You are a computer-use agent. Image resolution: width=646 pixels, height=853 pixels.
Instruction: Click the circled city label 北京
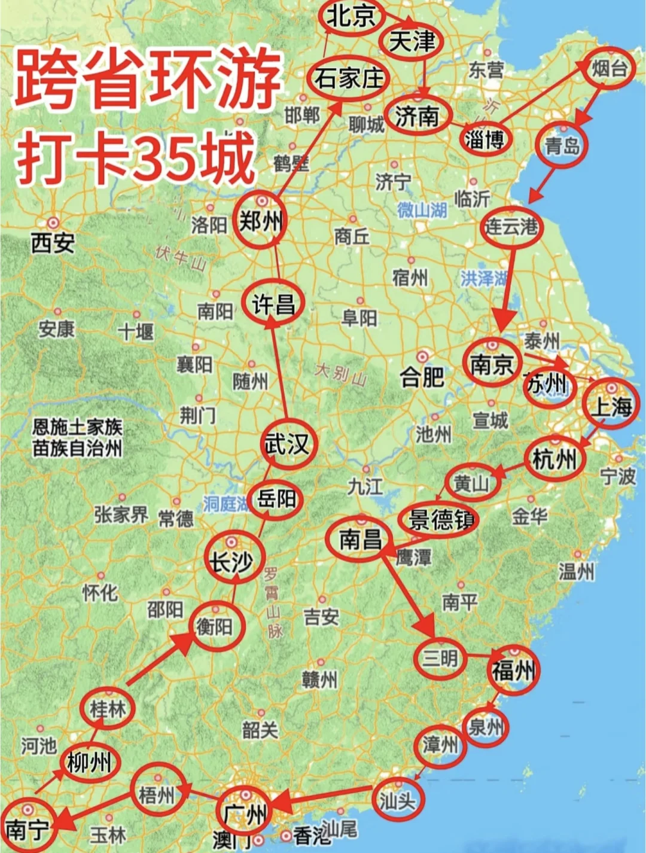tap(351, 16)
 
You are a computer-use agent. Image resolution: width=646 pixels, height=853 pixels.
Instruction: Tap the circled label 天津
tap(412, 42)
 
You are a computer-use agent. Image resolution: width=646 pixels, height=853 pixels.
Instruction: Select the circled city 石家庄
tap(349, 78)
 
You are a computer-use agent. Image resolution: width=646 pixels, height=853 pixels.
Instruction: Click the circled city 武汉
tap(287, 444)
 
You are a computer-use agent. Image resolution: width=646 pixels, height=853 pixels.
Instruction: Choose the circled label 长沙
tap(230, 561)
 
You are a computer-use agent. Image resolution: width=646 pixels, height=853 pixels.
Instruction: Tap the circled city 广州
tap(245, 814)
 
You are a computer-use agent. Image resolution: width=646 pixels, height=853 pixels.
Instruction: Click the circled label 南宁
tap(28, 828)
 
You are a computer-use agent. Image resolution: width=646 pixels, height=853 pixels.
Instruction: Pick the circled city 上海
tap(612, 406)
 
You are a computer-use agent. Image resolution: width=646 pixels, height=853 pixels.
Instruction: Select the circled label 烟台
tap(610, 69)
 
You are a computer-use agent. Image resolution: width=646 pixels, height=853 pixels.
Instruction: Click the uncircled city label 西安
tap(53, 243)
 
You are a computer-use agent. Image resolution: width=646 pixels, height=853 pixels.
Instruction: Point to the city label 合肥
tap(422, 377)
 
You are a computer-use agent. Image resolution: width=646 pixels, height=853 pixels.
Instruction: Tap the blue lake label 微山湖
tap(422, 209)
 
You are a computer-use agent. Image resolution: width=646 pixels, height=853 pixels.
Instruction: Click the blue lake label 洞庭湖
tap(226, 504)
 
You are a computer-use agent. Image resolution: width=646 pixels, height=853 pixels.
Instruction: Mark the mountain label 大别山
tap(341, 374)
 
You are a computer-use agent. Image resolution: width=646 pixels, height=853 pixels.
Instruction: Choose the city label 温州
tap(577, 571)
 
